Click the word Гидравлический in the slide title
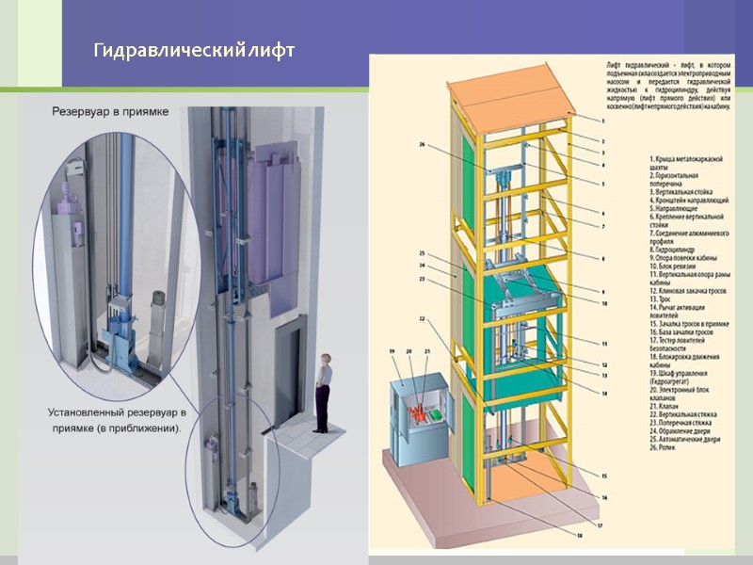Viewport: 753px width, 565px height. pyautogui.click(x=169, y=50)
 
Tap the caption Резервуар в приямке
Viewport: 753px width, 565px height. pyautogui.click(x=109, y=111)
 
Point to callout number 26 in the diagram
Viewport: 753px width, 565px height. pyautogui.click(x=423, y=144)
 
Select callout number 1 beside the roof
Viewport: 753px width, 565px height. pyautogui.click(x=603, y=121)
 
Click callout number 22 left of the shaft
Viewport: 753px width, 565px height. pyautogui.click(x=423, y=318)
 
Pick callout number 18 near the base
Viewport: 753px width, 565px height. pyautogui.click(x=580, y=535)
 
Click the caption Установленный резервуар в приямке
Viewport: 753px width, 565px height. pyautogui.click(x=117, y=420)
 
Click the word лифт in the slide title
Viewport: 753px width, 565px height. pyautogui.click(x=273, y=50)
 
